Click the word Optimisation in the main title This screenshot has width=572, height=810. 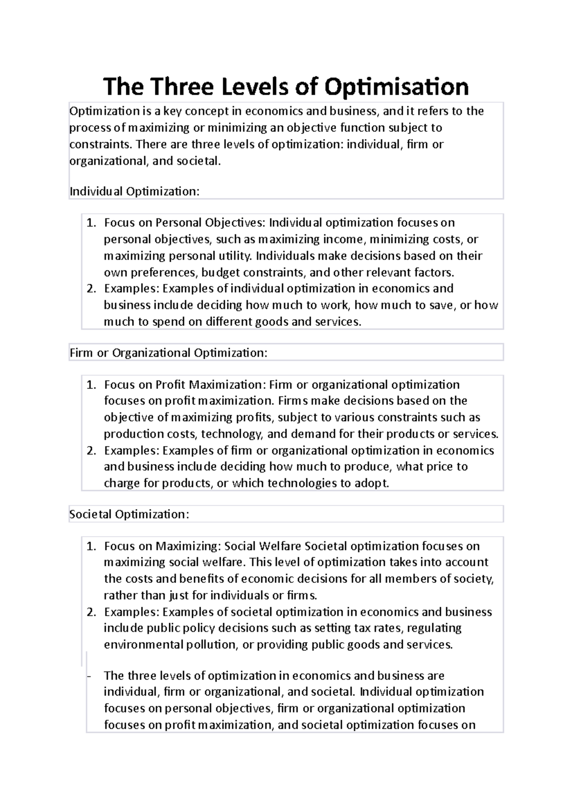(x=397, y=87)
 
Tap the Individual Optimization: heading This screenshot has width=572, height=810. (x=134, y=191)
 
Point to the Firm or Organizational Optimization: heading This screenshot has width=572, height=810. (x=168, y=353)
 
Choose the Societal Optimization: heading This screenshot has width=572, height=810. (x=129, y=514)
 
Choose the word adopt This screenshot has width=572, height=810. (x=371, y=483)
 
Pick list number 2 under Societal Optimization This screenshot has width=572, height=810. (x=92, y=612)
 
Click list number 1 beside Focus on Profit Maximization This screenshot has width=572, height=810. (x=92, y=385)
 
